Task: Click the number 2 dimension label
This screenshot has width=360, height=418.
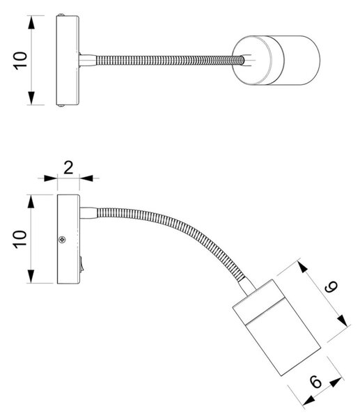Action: pos(68,168)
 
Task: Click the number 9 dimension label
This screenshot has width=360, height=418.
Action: pos(331,286)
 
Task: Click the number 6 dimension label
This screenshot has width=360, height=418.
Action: pos(316,382)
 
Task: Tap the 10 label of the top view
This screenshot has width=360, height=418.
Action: pos(20,61)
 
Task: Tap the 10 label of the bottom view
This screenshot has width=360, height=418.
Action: pos(20,239)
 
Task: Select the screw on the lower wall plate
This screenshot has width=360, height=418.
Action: pos(62,240)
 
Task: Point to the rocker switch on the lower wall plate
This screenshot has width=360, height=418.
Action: pos(81,263)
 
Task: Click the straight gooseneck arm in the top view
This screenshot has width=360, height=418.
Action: pos(170,60)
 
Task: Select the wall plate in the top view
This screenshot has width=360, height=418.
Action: pos(68,60)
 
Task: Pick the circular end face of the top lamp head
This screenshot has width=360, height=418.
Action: pos(252,60)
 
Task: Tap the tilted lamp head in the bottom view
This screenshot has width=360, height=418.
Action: pos(276,327)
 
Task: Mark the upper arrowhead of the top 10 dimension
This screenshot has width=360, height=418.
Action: pos(31,22)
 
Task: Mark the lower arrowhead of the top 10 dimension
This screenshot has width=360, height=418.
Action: pos(31,98)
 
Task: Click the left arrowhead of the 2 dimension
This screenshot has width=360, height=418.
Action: pos(50,178)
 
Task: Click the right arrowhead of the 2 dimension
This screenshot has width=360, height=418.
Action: pos(86,178)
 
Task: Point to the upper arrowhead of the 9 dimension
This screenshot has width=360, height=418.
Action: pos(302,267)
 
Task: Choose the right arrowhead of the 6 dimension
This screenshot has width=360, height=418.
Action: pos(336,382)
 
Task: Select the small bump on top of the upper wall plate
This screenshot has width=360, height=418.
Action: pos(61,14)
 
